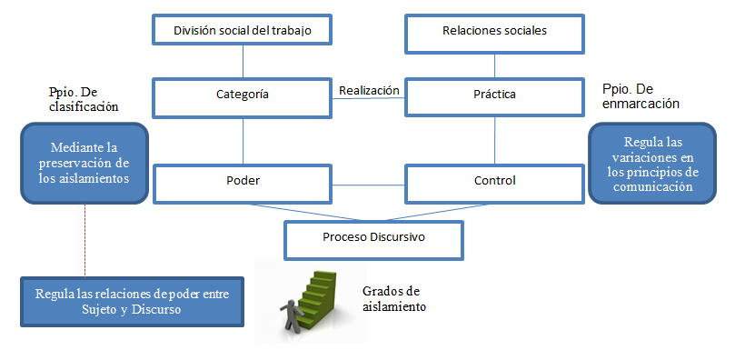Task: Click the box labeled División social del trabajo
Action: click(243, 30)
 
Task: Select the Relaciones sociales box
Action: click(494, 30)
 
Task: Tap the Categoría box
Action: click(243, 95)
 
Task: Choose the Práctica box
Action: click(494, 95)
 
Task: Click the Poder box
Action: click(243, 181)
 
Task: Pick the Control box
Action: click(494, 181)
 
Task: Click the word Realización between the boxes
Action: click(369, 90)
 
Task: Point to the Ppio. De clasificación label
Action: click(84, 99)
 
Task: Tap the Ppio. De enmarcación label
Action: click(641, 96)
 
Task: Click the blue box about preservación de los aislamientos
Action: click(84, 164)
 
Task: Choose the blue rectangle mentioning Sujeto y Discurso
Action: click(133, 301)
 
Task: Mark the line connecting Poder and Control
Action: click(369, 185)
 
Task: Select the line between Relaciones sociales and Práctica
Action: click(494, 64)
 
